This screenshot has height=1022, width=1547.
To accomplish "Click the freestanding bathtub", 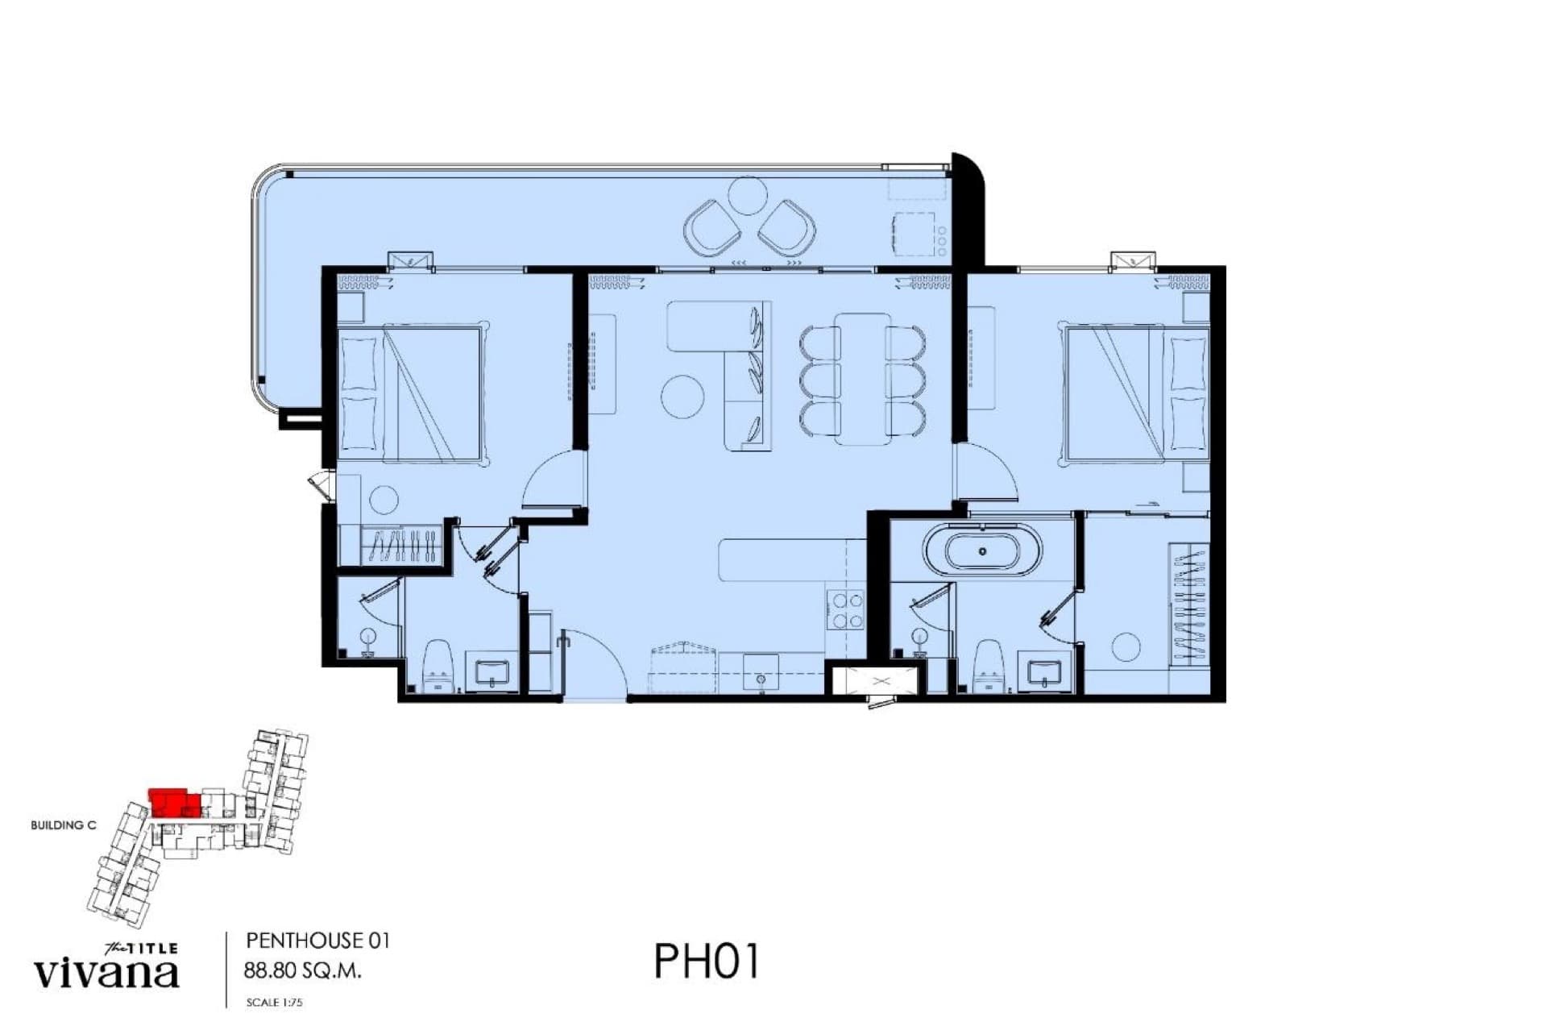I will coord(982,551).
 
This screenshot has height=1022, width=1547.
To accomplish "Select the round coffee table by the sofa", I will coord(682,396).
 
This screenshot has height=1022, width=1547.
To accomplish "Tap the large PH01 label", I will coord(707,961).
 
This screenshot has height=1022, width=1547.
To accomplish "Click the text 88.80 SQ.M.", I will coord(302,970).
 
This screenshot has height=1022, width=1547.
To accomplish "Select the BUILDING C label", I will coord(64,825).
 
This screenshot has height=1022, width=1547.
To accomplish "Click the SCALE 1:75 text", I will coord(275,1003).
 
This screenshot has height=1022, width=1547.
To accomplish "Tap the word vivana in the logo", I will coord(106,973).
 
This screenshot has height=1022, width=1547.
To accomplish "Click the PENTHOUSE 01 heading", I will coord(317,941).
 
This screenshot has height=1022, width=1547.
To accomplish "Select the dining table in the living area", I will coord(862,379).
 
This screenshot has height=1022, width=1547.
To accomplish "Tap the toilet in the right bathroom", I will coord(988,667).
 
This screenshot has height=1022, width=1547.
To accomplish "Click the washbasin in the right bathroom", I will coord(1045,672).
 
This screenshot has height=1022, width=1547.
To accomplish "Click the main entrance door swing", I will coord(595,663).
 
